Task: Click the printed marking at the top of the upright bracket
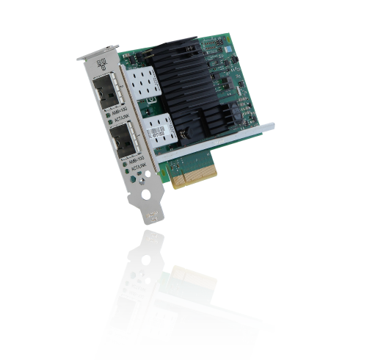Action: coord(102,65)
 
